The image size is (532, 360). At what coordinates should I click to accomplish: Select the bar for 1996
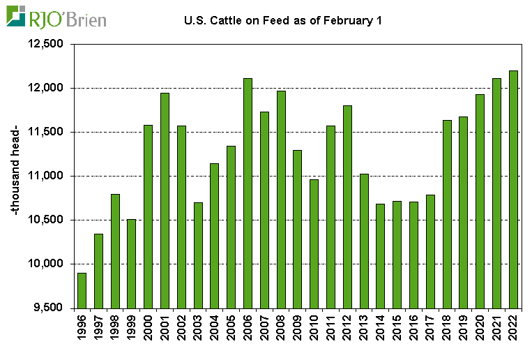coord(82,290)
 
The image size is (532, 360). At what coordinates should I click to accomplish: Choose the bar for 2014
coord(381,255)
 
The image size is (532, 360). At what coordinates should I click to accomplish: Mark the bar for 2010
coord(314,243)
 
